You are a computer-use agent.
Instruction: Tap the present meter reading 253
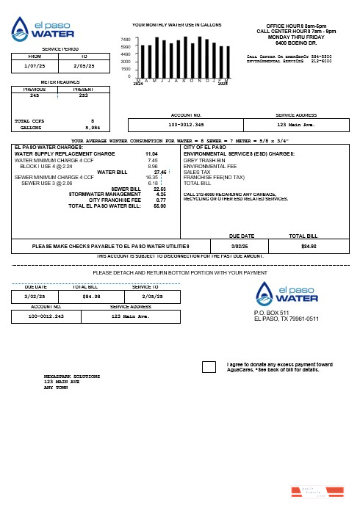(83, 95)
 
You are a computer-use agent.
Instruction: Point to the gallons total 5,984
(92, 127)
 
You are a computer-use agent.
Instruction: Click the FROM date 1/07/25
(35, 65)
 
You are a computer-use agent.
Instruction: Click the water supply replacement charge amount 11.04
(151, 153)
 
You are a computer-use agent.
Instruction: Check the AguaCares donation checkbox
(209, 366)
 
